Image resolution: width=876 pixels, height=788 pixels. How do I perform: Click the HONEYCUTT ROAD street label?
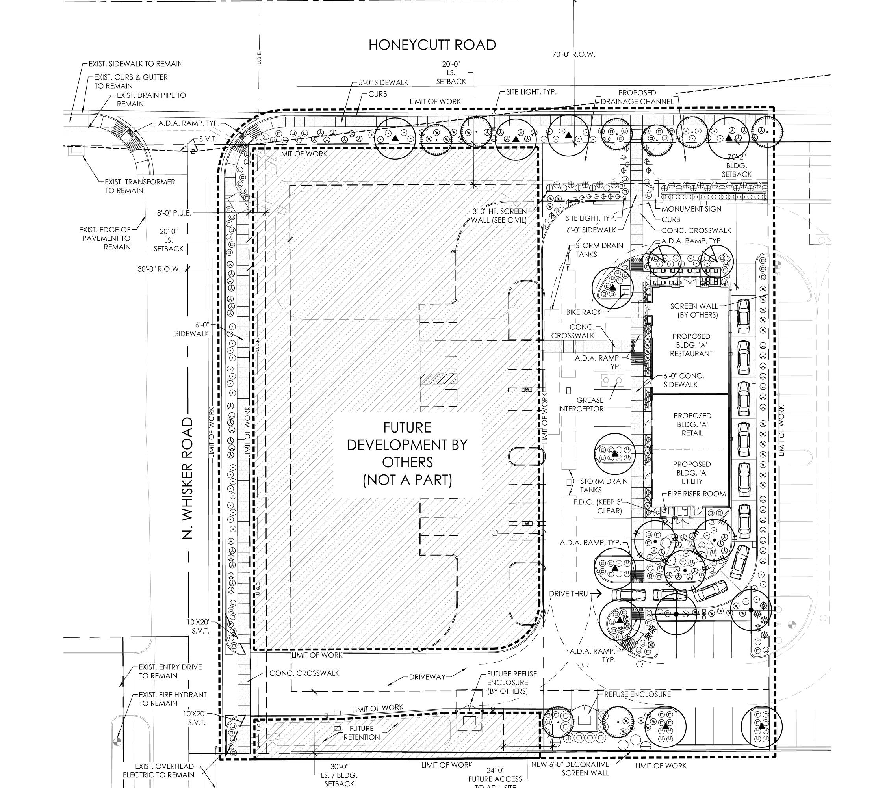[x=432, y=45]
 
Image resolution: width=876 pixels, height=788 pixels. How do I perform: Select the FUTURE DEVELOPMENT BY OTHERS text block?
[x=407, y=453]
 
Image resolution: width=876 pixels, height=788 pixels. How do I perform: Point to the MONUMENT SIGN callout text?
[x=691, y=209]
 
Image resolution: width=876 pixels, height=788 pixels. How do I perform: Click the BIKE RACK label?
[x=583, y=312]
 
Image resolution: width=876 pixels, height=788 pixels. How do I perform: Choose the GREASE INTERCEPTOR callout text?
[x=581, y=404]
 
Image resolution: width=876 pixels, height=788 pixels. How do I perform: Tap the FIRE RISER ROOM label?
[x=696, y=494]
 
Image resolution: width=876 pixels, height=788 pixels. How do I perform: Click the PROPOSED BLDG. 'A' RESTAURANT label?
[x=691, y=345]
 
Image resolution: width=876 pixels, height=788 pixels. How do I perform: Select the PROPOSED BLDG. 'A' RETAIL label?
[x=692, y=424]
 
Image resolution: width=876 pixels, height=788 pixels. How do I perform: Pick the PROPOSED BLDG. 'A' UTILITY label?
[x=692, y=472]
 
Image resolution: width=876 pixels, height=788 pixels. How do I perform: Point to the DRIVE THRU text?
[x=568, y=594]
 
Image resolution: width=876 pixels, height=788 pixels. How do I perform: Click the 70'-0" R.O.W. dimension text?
[x=573, y=54]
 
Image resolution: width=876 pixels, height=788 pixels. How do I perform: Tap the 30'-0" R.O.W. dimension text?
[x=159, y=269]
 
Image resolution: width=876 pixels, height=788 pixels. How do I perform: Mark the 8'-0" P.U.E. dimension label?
[x=174, y=213]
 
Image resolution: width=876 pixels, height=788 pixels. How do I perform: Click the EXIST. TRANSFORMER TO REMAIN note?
[x=140, y=186]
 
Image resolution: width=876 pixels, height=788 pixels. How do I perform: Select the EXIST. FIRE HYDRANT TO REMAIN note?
[x=172, y=699]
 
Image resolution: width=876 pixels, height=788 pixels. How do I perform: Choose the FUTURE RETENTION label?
[x=362, y=732]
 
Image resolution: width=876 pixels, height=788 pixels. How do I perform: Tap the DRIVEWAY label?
[x=427, y=677]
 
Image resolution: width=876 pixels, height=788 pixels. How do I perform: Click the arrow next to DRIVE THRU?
[x=596, y=594]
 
